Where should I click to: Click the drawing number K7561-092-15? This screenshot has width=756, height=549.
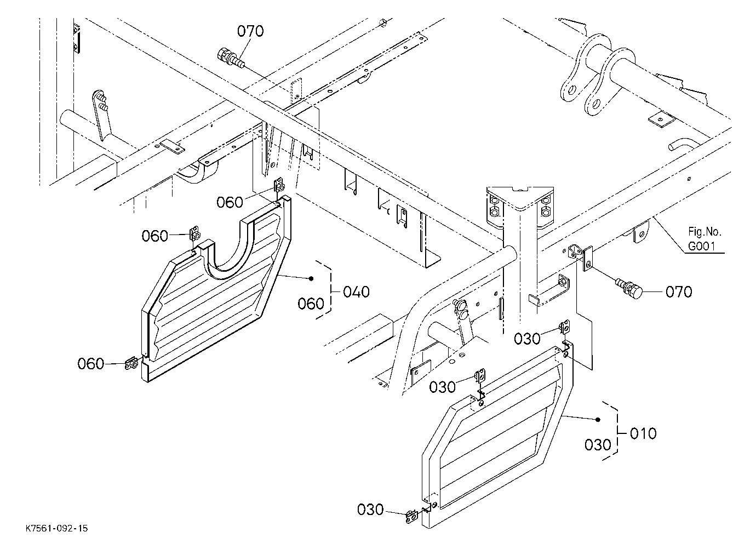pos(56,528)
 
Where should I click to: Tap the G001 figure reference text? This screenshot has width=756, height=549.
pos(702,247)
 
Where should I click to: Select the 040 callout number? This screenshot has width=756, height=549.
pos(357,291)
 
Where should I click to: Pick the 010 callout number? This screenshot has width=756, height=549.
pos(643,433)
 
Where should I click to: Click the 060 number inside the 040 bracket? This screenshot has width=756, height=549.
pos(311,304)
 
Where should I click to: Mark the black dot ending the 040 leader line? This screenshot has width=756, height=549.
pos(311,278)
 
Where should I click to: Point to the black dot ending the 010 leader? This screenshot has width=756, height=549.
pos(598,420)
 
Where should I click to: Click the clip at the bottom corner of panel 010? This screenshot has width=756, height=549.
pos(411,516)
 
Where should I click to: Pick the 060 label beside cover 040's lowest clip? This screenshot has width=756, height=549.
pos(91,364)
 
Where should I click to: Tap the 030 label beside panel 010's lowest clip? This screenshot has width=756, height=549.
pos(370,510)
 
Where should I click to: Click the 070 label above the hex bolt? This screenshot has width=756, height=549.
pos(250,31)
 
